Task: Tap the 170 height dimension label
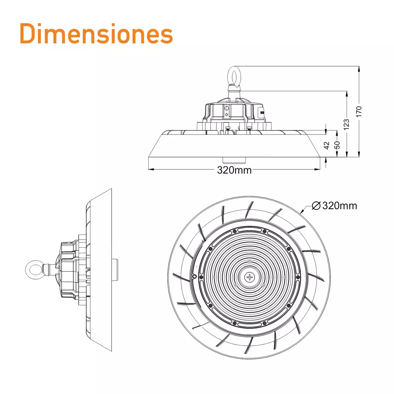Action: coord(359,112)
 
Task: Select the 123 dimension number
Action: coord(346,124)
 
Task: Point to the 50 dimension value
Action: coord(337,145)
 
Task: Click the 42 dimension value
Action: coord(326,146)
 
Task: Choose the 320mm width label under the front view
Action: coord(234,170)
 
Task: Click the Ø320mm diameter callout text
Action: coord(334,206)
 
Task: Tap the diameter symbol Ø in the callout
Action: coord(316,206)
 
